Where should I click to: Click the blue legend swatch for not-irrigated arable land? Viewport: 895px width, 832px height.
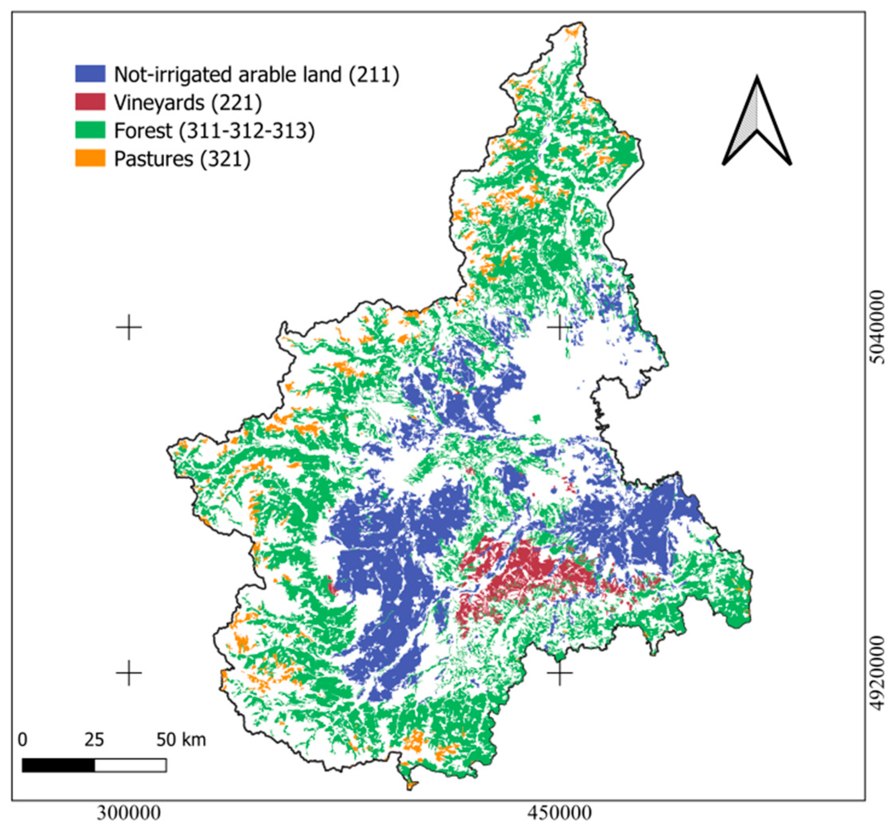click(90, 74)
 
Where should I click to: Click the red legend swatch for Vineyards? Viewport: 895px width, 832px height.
click(90, 102)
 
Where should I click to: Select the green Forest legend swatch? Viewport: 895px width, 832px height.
click(90, 130)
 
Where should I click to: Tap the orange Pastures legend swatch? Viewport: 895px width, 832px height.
click(90, 158)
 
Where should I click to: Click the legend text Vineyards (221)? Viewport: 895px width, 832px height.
click(187, 103)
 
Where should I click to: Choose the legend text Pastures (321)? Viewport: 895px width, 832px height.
click(182, 159)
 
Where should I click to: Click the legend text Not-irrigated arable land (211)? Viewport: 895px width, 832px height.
click(257, 75)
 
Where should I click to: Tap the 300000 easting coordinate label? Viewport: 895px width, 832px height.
click(129, 813)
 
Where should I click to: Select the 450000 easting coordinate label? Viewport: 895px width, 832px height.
click(559, 813)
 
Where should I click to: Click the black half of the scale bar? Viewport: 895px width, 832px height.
click(58, 765)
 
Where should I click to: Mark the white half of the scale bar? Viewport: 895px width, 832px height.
click(130, 765)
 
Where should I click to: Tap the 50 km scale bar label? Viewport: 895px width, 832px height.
click(181, 739)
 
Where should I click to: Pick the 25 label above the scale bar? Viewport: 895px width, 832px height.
click(94, 739)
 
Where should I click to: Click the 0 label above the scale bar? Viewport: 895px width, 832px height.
click(22, 739)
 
